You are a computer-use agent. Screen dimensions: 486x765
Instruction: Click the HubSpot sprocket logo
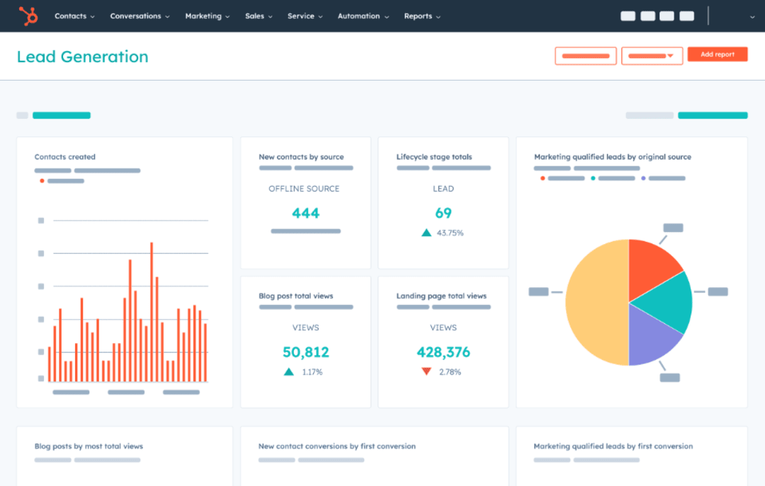(28, 16)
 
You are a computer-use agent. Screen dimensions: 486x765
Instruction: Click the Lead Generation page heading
(83, 57)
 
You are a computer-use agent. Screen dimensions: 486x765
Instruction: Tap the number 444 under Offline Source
(305, 213)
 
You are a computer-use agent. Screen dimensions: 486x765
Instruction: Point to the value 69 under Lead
(443, 213)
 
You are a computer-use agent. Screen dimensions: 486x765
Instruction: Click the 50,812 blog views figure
(305, 352)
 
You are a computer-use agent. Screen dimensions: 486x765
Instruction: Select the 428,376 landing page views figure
(443, 352)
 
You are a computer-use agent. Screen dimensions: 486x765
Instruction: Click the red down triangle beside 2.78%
(426, 371)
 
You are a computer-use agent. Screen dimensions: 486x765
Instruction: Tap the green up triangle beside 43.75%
(426, 232)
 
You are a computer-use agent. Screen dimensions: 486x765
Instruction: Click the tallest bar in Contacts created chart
(152, 311)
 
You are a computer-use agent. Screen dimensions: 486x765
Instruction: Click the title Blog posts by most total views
(89, 446)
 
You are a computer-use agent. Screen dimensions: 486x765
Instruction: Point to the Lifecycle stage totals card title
(434, 157)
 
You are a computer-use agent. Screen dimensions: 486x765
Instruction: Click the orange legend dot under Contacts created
(42, 181)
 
